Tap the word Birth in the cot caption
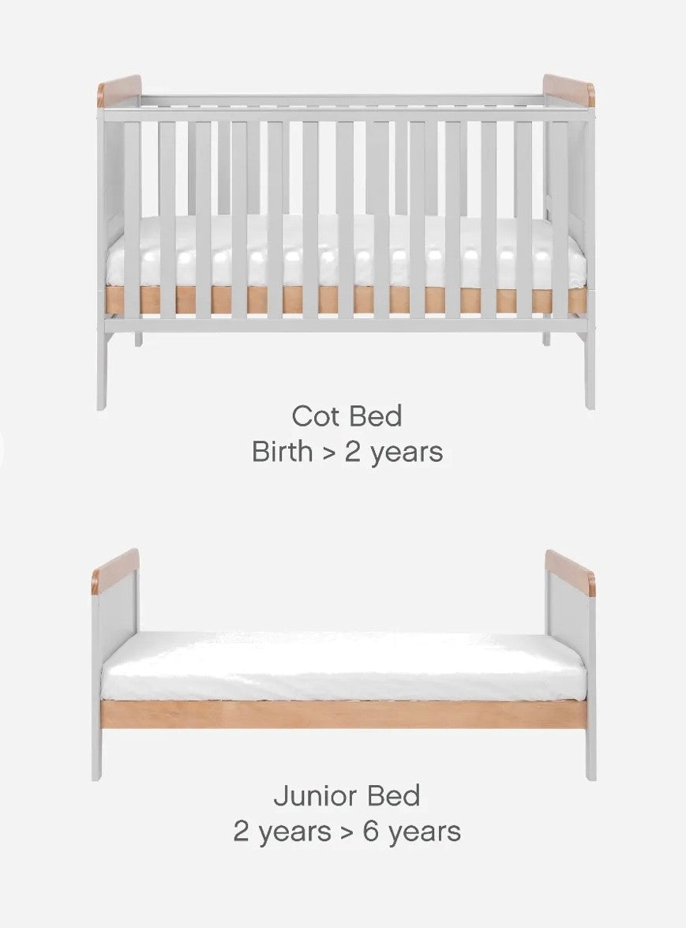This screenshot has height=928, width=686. tap(282, 453)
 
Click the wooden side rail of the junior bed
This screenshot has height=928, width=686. tap(343, 714)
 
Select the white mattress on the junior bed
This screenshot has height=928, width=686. tap(343, 667)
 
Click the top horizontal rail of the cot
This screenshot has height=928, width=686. tap(343, 115)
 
